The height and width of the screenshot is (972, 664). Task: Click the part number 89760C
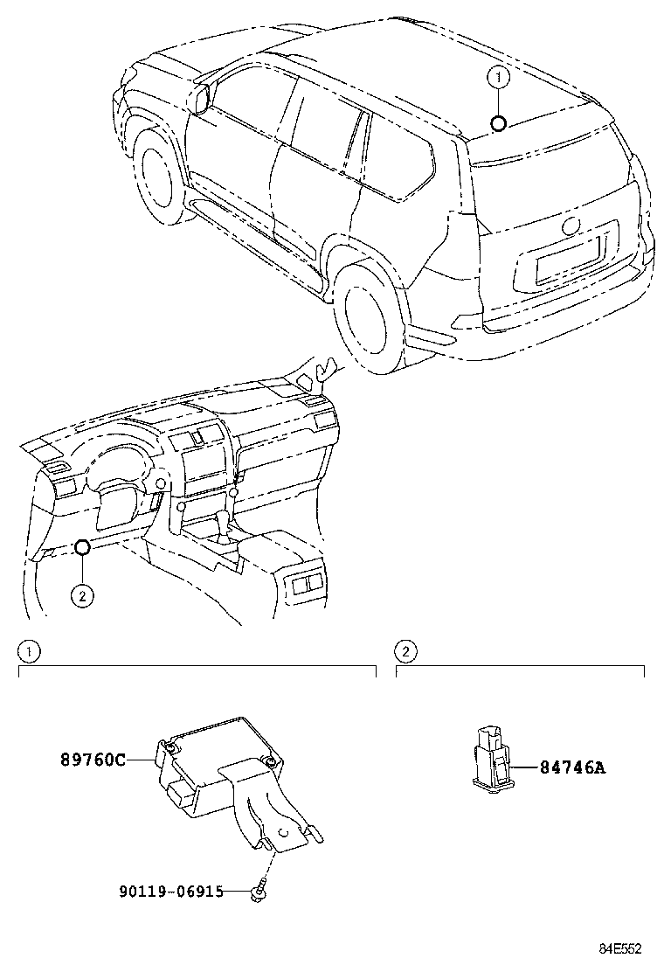point(93,760)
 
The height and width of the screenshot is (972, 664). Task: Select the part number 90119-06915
point(170,891)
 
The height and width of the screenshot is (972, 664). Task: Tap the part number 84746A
point(571,768)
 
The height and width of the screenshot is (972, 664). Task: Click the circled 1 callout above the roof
point(498,78)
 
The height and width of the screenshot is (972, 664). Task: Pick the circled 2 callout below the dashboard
point(80,595)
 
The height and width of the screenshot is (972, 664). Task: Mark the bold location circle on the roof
point(498,123)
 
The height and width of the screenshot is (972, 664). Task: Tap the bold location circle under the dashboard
point(80,548)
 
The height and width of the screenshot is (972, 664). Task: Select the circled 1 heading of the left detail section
point(29,651)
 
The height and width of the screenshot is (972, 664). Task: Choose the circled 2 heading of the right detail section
point(405,651)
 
